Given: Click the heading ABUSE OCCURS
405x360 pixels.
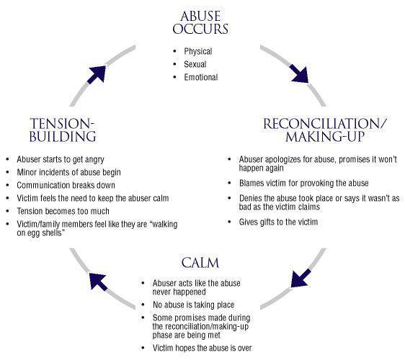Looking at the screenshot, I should (x=202, y=22).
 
